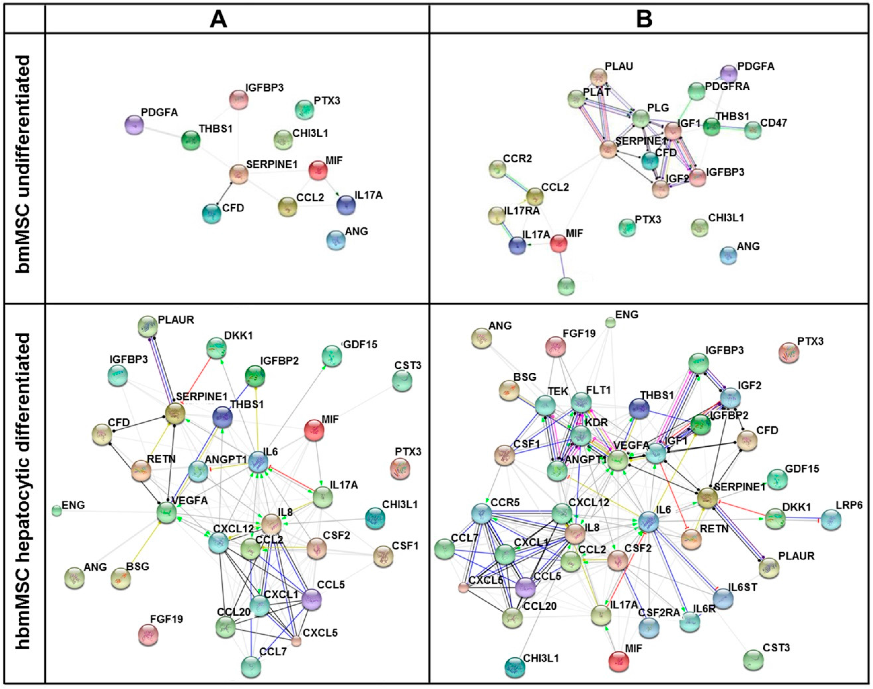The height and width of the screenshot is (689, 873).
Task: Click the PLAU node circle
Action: click(x=599, y=76)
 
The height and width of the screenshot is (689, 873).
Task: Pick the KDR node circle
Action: click(x=581, y=436)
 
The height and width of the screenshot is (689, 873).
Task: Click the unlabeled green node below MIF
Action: click(x=566, y=286)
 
